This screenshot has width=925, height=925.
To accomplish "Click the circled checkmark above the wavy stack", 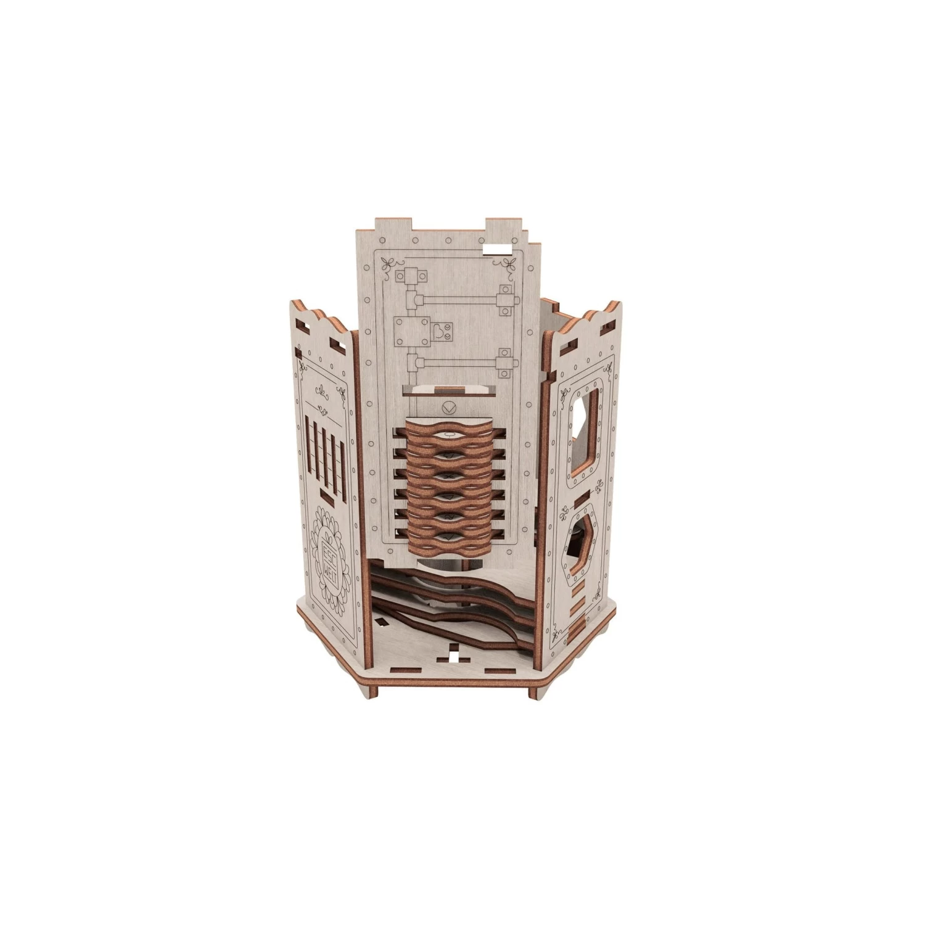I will [450, 407].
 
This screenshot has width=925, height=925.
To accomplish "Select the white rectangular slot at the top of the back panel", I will [498, 249].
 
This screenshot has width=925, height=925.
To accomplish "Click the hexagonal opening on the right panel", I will [580, 543].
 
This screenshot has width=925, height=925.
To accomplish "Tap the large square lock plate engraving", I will [412, 333].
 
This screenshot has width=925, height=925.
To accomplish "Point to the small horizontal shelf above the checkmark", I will [448, 390].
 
